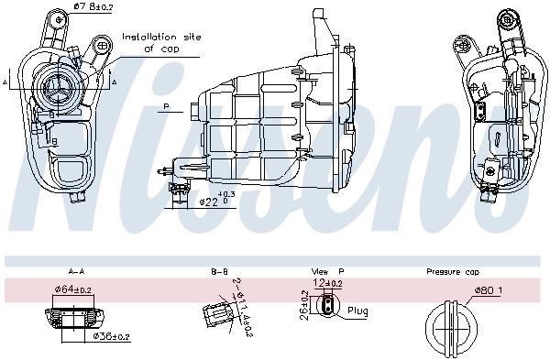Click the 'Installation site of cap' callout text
click(x=160, y=42)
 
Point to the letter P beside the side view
click(x=167, y=107)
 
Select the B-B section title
click(x=219, y=272)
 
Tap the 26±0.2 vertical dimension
click(x=303, y=308)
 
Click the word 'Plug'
click(x=358, y=311)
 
